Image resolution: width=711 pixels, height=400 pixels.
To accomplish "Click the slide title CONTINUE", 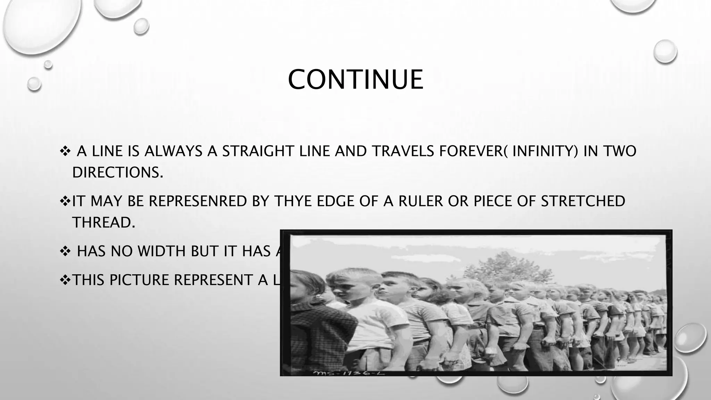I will click(355, 80).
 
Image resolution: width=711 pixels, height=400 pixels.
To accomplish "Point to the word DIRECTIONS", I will click(117, 172).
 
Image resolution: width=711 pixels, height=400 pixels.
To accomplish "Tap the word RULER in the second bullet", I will click(420, 201).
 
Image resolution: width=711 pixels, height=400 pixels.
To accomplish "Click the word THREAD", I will click(103, 222).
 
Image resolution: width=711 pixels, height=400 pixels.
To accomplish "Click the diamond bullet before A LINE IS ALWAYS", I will click(65, 151).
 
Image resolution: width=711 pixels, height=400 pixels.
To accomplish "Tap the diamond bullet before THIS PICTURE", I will click(65, 280).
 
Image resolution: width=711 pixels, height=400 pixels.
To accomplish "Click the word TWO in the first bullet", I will click(620, 151).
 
